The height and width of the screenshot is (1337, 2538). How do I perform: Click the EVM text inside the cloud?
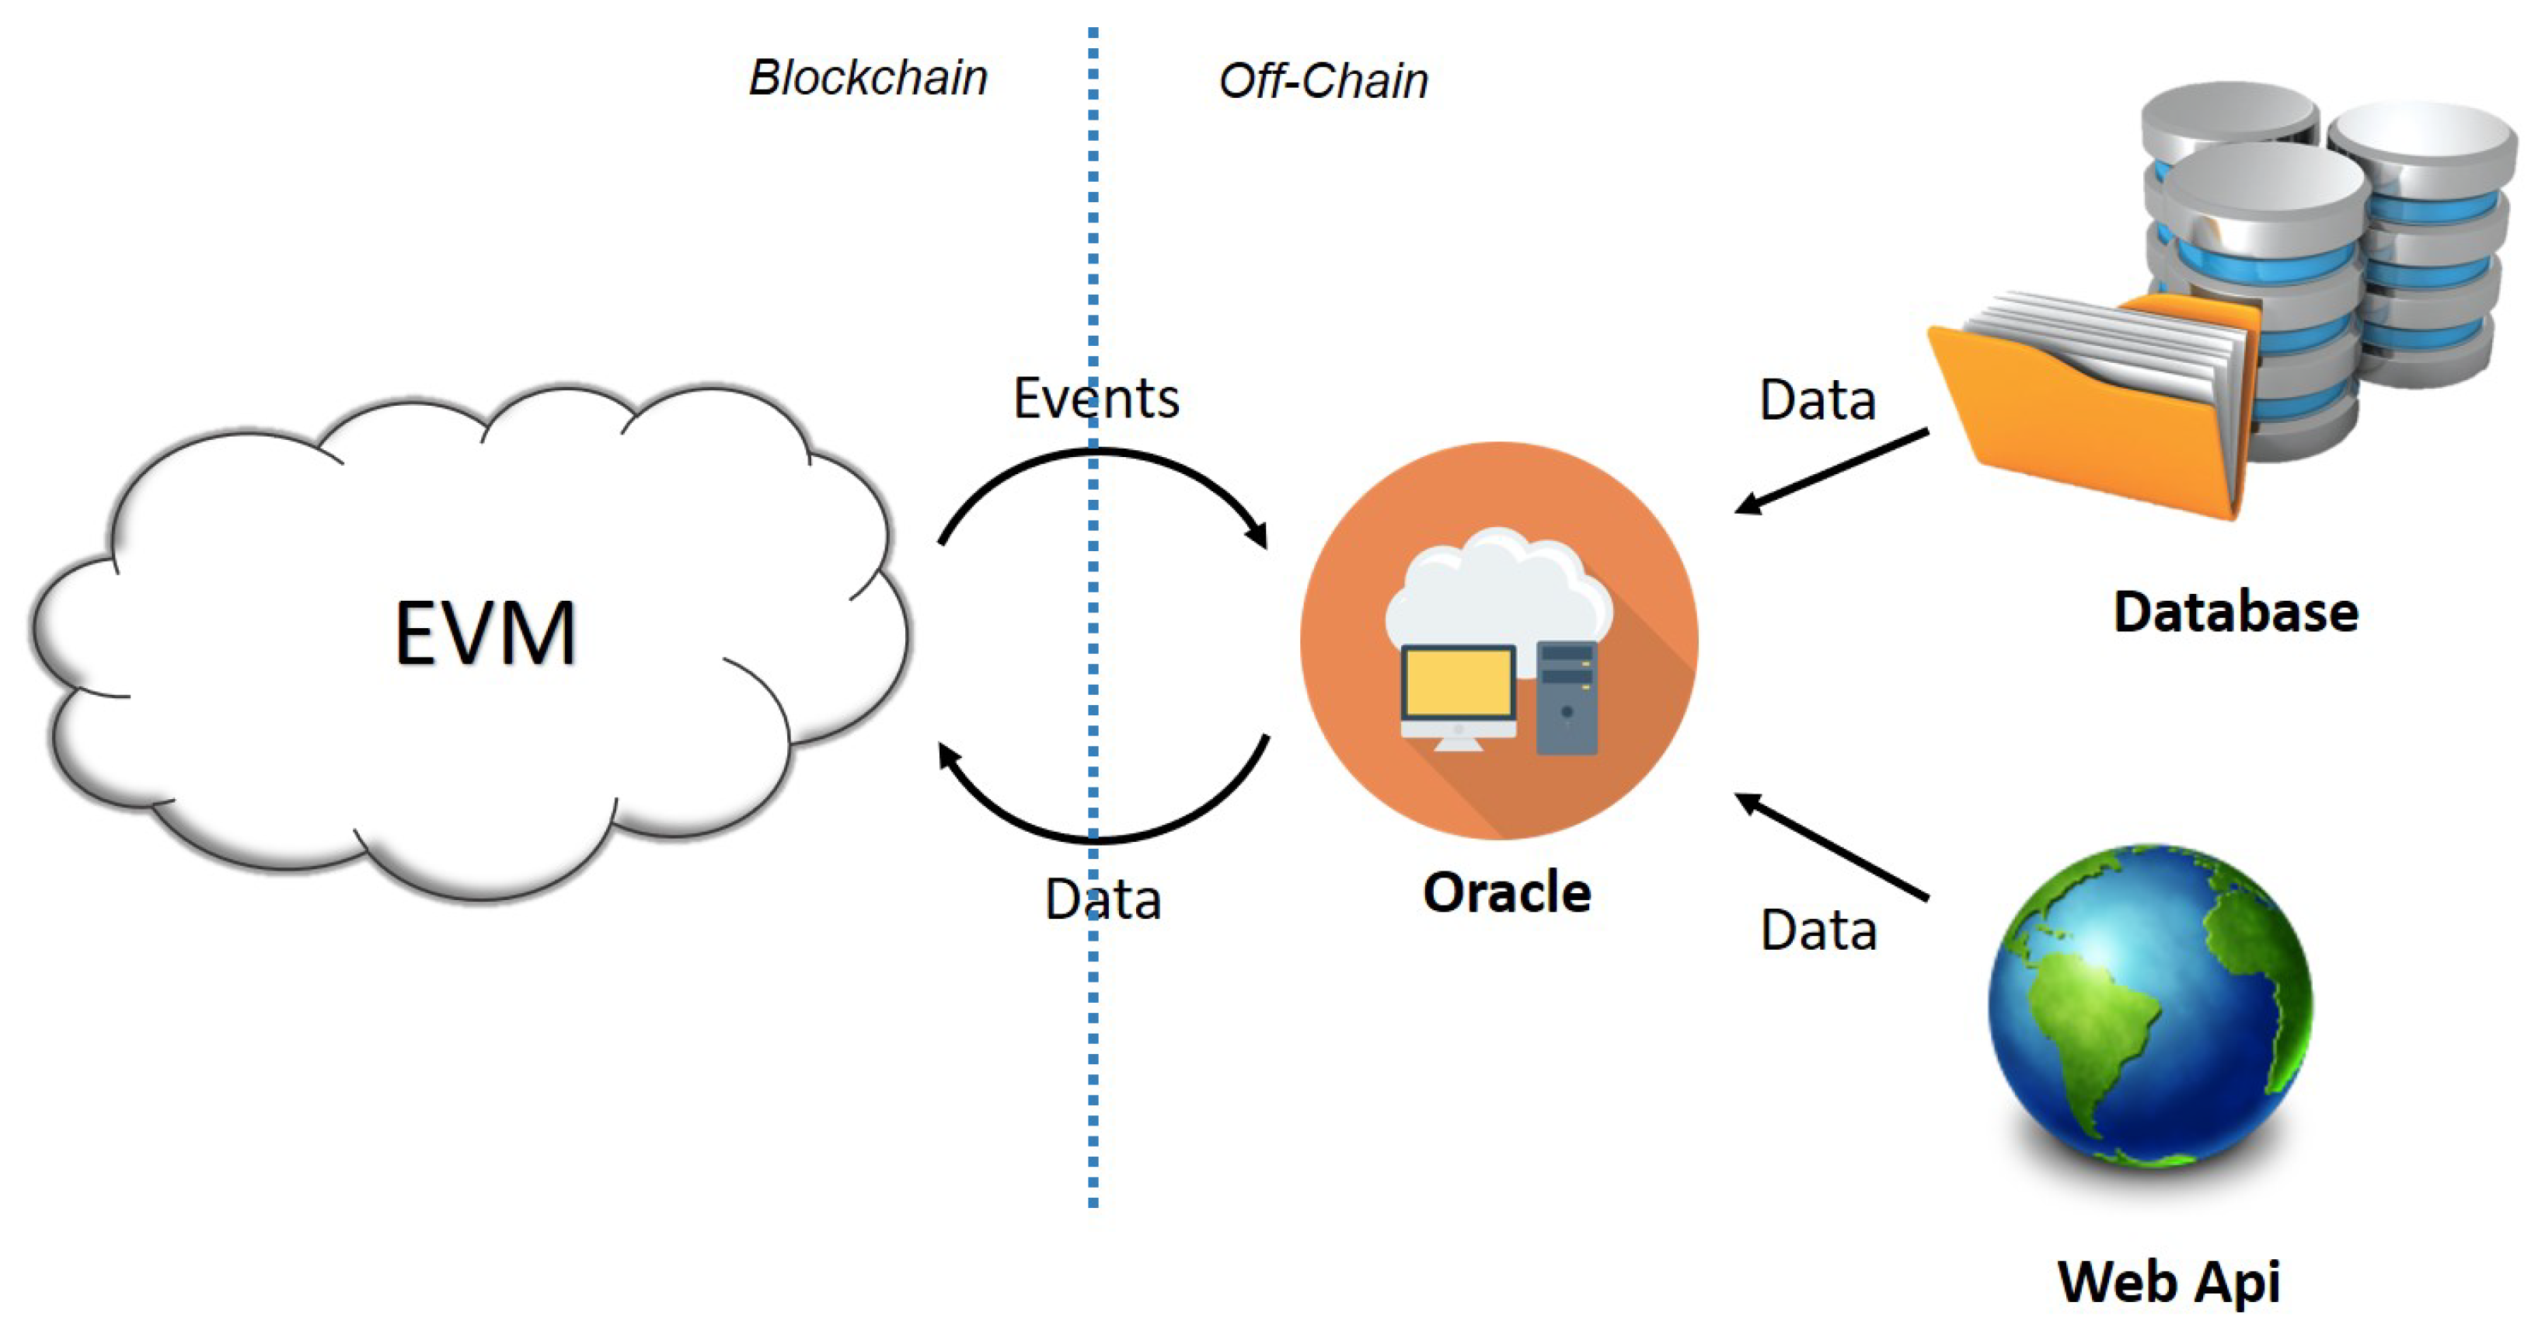coord(485,634)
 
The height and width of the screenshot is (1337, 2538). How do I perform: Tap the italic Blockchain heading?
coord(868,78)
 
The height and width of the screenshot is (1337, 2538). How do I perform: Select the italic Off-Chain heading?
coord(1323,81)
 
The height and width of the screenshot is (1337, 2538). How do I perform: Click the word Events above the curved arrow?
coord(1096,398)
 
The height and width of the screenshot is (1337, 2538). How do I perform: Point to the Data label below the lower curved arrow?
coord(1103,899)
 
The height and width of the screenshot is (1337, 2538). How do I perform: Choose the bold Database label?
coord(2236,612)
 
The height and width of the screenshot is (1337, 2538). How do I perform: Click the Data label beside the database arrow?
coord(1818,400)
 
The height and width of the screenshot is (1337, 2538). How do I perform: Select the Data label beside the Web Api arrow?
coord(1818,930)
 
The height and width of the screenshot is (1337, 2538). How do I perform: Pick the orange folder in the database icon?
coord(2079,424)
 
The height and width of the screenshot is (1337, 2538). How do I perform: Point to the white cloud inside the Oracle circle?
coord(1497,592)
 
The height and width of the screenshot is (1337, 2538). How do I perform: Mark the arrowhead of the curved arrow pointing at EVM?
coord(948,756)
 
